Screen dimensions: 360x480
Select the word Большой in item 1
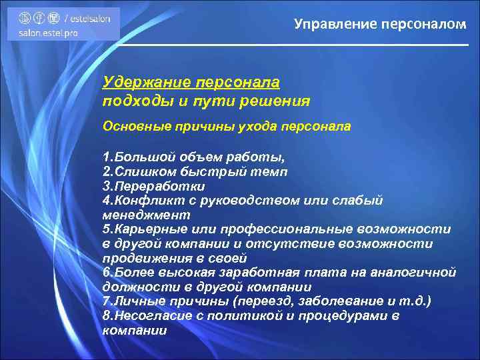tap(141, 158)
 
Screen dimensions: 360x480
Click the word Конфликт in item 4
tap(146, 201)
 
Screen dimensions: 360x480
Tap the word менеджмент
tap(146, 215)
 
